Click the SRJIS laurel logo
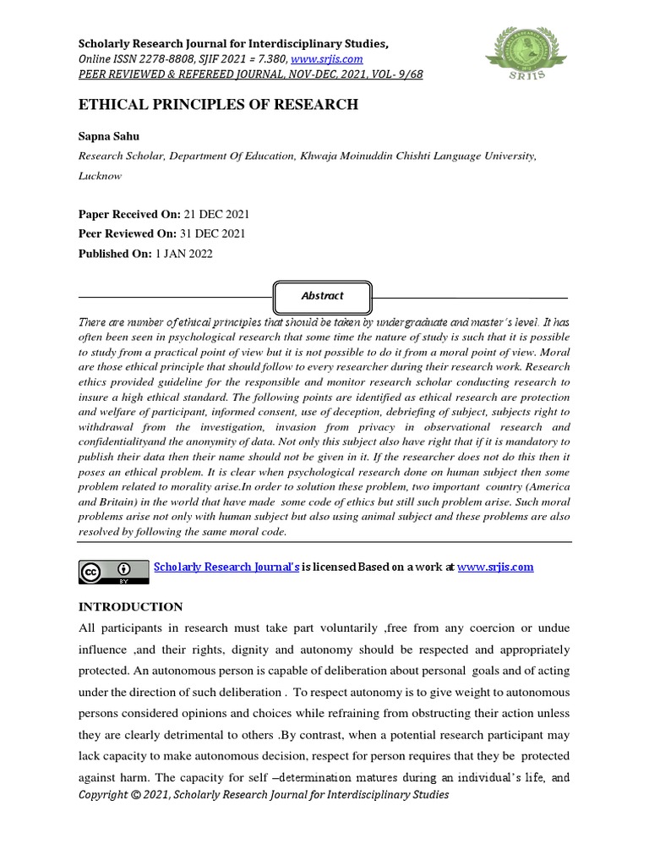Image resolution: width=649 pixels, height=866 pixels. tap(523, 50)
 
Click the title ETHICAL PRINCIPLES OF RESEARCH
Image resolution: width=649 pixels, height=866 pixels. tap(218, 105)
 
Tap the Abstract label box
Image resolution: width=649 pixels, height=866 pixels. tap(322, 296)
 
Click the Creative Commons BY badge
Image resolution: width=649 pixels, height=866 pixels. tap(110, 572)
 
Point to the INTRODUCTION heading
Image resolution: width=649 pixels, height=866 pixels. tap(130, 606)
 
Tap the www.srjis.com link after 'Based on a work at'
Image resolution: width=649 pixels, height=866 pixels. tap(495, 567)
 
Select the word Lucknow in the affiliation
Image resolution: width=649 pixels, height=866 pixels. tap(100, 176)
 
